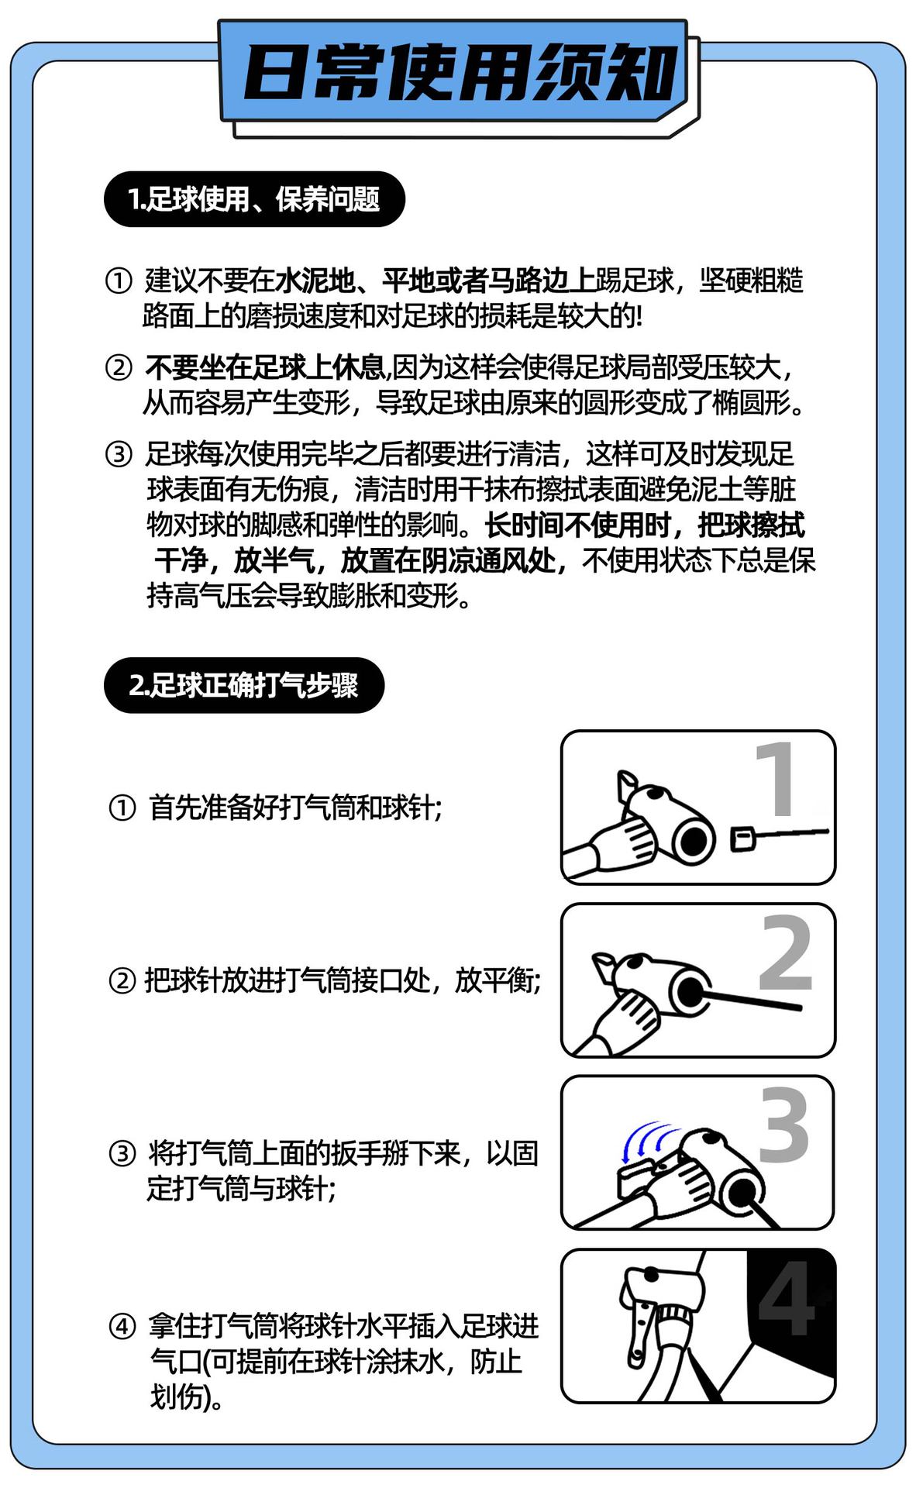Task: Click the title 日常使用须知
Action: [460, 74]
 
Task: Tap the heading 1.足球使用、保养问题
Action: [254, 199]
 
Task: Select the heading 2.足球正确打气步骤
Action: [244, 685]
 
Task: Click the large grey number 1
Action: [776, 779]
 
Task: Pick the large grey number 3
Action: [783, 1125]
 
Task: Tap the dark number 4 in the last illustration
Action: [787, 1297]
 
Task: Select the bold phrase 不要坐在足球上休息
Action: [266, 367]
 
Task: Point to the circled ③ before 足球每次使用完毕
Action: [119, 454]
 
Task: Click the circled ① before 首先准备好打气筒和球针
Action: [122, 808]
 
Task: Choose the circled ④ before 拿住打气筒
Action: [122, 1327]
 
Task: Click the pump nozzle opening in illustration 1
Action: [692, 839]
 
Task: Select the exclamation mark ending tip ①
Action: [639, 316]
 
